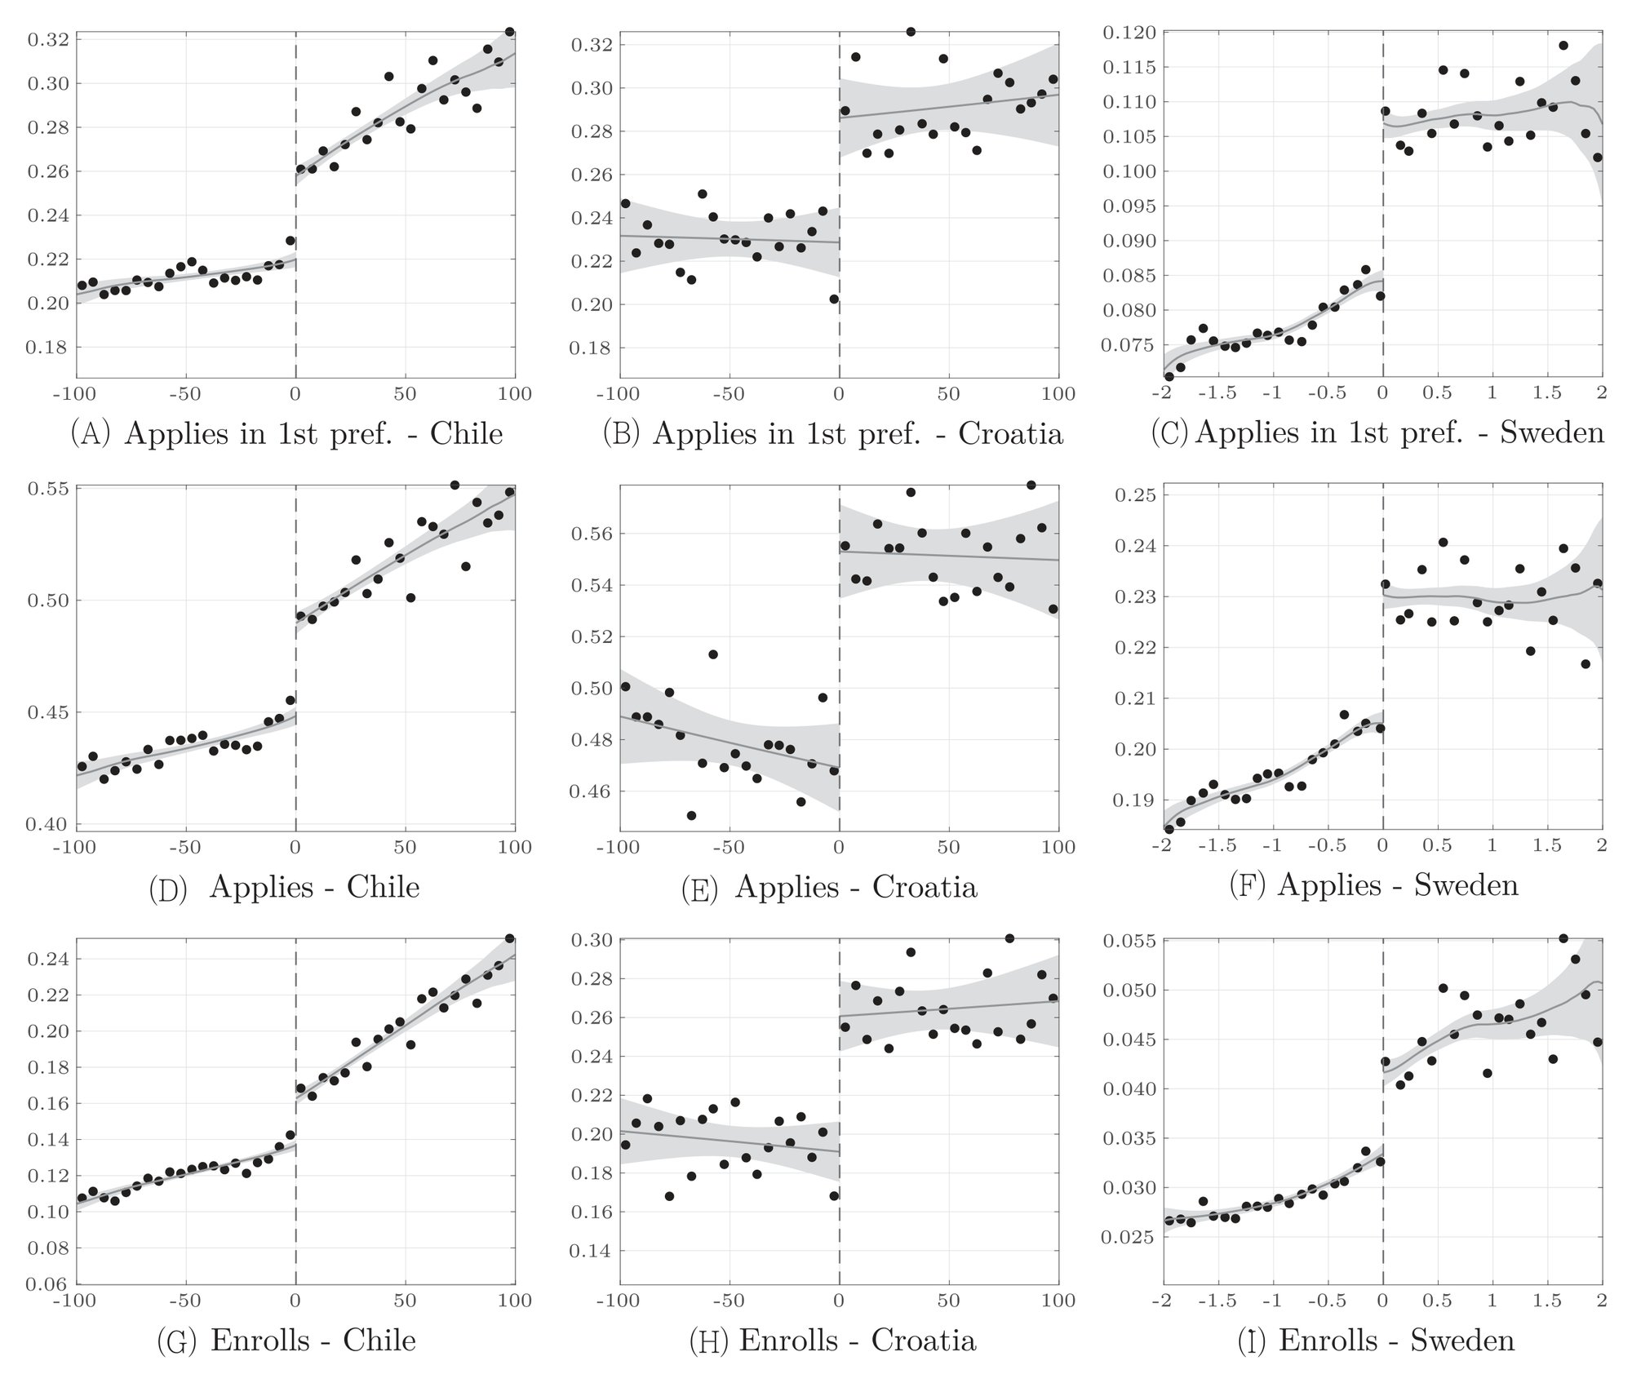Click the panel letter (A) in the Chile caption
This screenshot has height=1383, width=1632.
[90, 433]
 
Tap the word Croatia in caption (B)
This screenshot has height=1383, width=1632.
[1010, 433]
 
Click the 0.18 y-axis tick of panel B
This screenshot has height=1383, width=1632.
[594, 348]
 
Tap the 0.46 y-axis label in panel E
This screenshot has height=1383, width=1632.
[594, 791]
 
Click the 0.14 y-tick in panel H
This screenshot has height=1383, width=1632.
[594, 1250]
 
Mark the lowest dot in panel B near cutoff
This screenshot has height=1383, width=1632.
[833, 299]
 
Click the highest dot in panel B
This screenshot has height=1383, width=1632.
[911, 32]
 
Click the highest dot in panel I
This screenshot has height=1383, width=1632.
[1563, 938]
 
